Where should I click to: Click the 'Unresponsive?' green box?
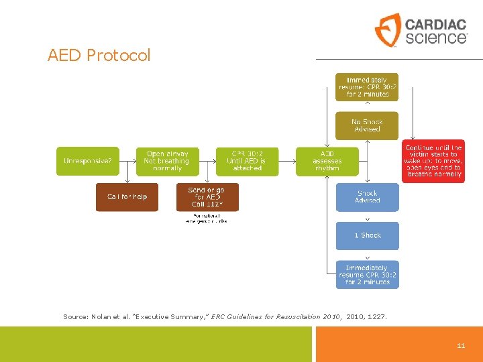[x=87, y=161]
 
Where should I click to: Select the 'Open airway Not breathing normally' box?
[x=167, y=161]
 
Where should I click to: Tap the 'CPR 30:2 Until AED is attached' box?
[x=247, y=161]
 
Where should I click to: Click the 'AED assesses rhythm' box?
[x=327, y=161]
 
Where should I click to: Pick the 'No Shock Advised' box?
[x=367, y=125]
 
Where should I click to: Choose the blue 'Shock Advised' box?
[x=367, y=196]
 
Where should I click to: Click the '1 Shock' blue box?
[x=367, y=235]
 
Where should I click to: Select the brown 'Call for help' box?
[x=127, y=196]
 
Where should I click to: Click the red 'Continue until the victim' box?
[x=433, y=161]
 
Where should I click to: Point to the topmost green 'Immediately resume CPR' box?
[x=367, y=87]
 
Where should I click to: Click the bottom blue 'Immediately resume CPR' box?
[x=367, y=274]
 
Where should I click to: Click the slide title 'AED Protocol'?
[x=99, y=55]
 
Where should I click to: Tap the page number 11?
[x=461, y=345]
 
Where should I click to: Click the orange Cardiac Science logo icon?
[x=388, y=29]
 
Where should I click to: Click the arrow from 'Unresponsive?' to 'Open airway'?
[x=127, y=161]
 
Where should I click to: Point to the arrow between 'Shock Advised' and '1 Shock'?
[x=367, y=217]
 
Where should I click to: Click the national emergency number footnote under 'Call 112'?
[x=207, y=218]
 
